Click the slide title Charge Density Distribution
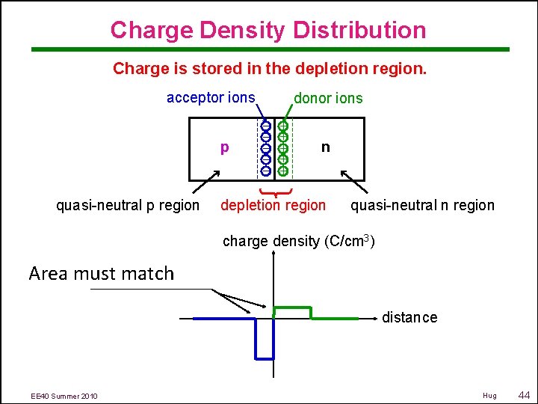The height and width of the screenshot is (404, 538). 268,30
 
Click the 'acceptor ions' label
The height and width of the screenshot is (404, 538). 211,97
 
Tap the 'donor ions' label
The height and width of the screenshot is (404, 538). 328,98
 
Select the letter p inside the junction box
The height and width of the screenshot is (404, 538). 224,147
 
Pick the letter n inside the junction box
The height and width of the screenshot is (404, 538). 325,147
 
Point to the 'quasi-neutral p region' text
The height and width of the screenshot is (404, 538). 128,205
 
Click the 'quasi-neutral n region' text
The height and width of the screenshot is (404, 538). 422,205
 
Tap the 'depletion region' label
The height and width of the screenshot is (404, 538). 273,205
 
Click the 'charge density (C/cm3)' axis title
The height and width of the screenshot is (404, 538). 299,241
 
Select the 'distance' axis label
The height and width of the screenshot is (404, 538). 409,317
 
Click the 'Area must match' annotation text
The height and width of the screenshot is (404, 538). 101,273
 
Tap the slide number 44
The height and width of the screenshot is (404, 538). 523,394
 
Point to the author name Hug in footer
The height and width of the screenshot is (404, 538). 489,395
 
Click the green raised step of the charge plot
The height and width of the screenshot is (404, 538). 293,307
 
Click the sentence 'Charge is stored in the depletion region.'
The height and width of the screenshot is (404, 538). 270,69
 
